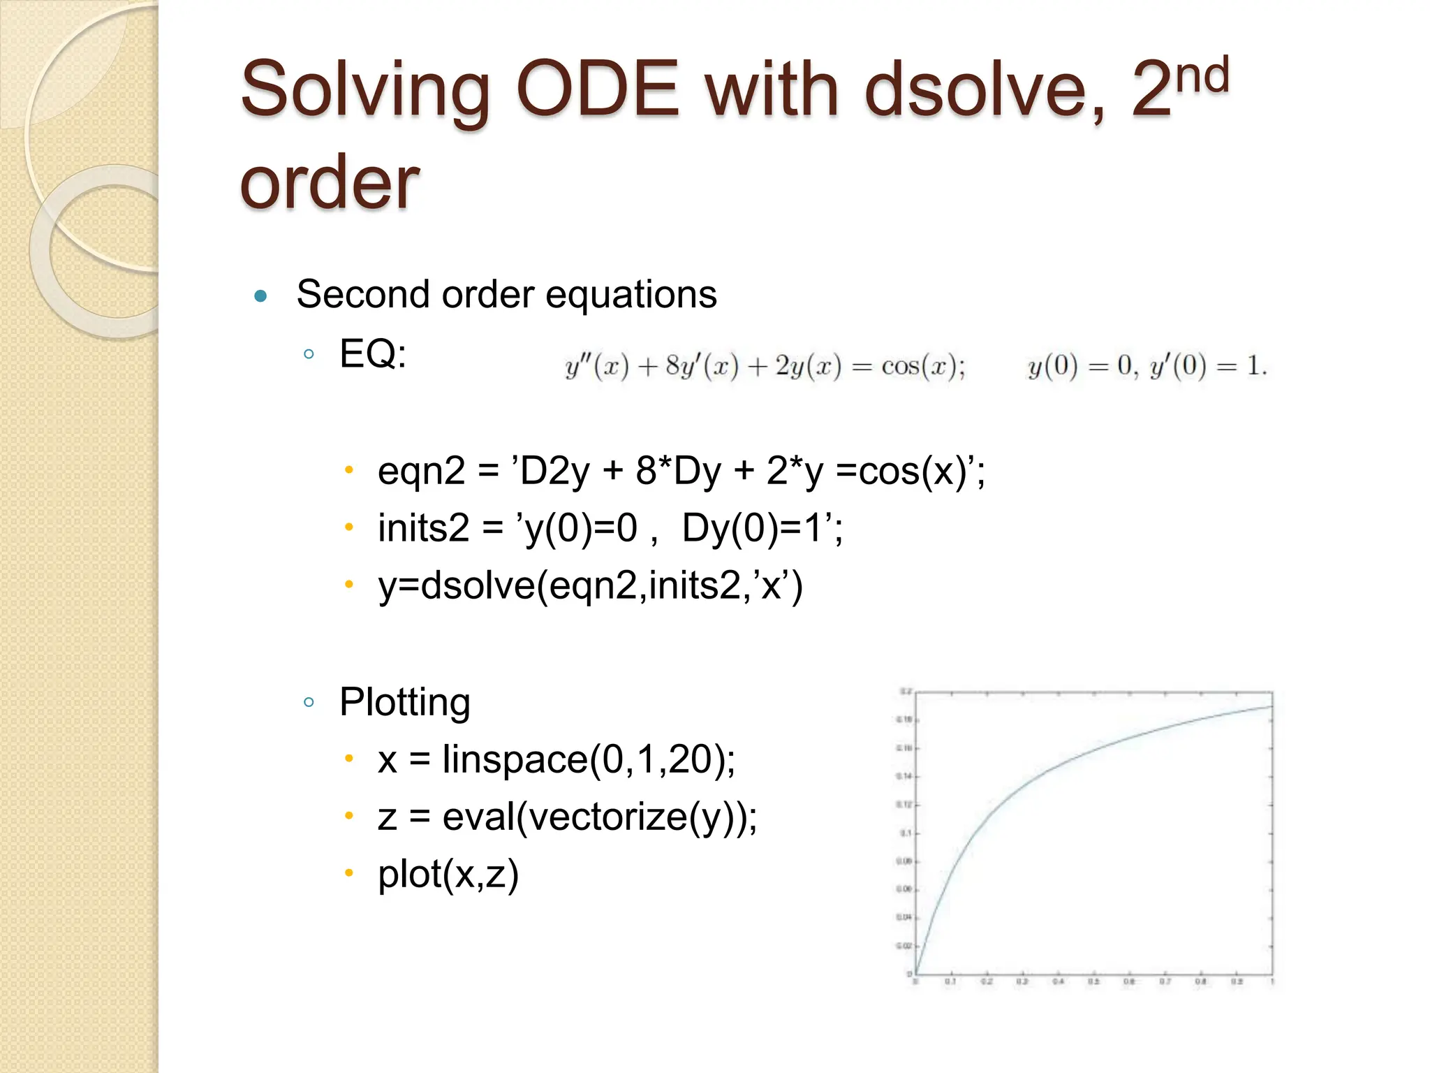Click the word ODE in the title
coord(597,89)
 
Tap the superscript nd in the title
coord(1202,75)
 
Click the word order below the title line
coord(329,183)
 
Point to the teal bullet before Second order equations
coord(261,296)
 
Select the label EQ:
coord(372,353)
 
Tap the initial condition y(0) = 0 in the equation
coord(1079,366)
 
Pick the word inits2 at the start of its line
coord(423,527)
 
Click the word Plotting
coord(404,702)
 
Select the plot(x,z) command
coord(448,874)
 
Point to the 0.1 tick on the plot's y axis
coord(906,833)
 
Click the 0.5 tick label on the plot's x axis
coord(1093,982)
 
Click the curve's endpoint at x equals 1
coord(1271,707)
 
